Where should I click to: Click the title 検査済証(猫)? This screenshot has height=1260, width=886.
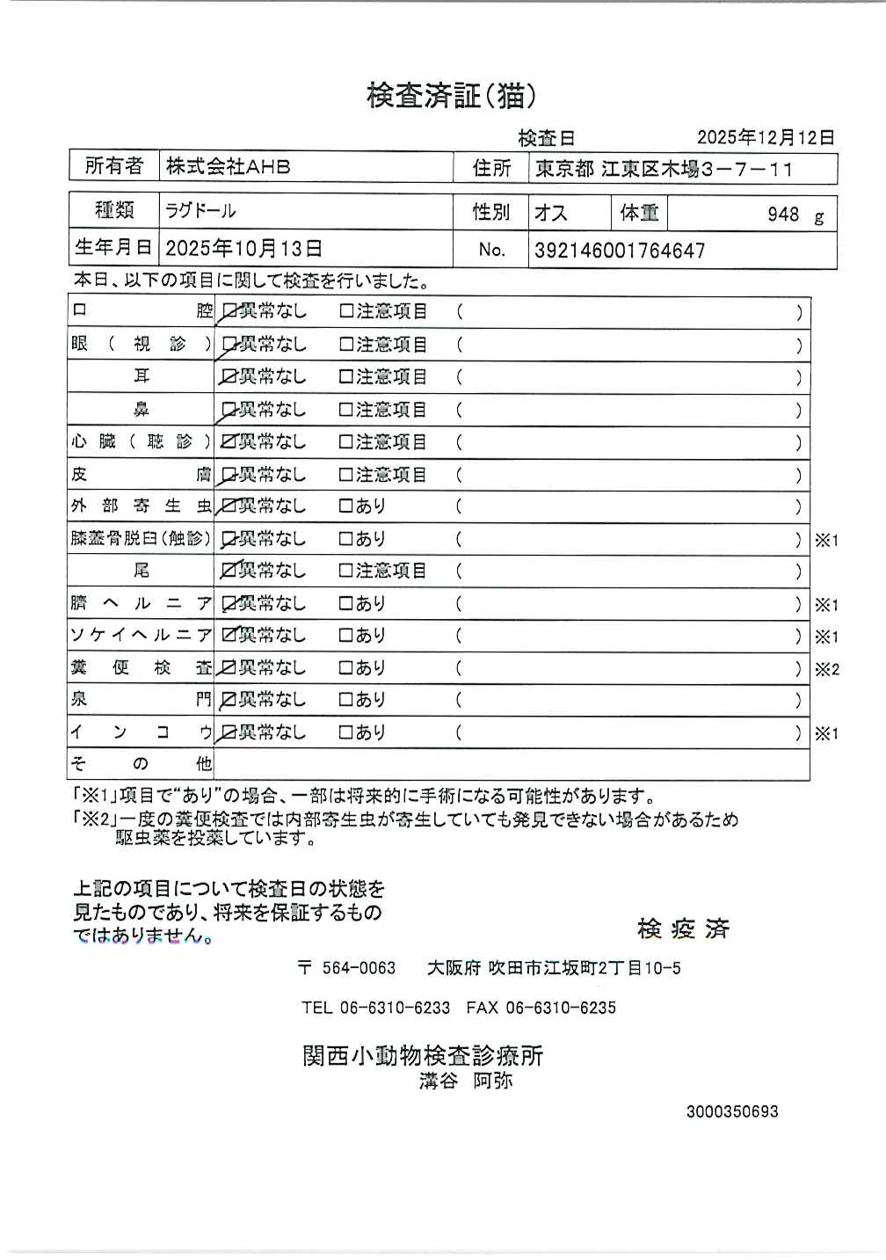tap(451, 95)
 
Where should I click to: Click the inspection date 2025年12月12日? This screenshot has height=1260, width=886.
tap(765, 137)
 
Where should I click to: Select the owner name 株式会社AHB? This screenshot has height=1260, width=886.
tap(229, 166)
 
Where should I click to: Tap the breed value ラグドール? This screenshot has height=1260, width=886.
tap(200, 212)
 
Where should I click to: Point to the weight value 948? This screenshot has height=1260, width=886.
tap(782, 215)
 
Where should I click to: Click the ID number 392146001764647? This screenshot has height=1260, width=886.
tap(620, 251)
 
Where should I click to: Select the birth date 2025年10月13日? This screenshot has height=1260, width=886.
tap(243, 249)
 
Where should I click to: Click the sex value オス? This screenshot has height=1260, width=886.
tap(551, 214)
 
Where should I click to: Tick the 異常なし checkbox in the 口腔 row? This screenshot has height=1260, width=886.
tap(229, 311)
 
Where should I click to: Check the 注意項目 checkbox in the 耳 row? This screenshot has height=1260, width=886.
tap(346, 377)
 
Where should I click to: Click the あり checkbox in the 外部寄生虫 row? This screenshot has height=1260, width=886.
tap(346, 506)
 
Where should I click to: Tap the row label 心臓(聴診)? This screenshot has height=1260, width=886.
tap(141, 441)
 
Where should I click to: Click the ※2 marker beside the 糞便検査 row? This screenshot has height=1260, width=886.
tap(826, 669)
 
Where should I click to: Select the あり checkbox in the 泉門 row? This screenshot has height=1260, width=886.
tap(346, 700)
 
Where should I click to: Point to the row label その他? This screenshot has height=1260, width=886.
tap(141, 763)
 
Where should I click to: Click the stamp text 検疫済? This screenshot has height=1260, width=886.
tap(683, 929)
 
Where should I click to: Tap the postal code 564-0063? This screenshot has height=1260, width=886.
tap(359, 968)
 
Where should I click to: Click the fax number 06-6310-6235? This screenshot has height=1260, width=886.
tap(561, 1008)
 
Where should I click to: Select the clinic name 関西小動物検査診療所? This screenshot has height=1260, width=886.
tap(423, 1055)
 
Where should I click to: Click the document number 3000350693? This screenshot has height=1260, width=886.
tap(732, 1111)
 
